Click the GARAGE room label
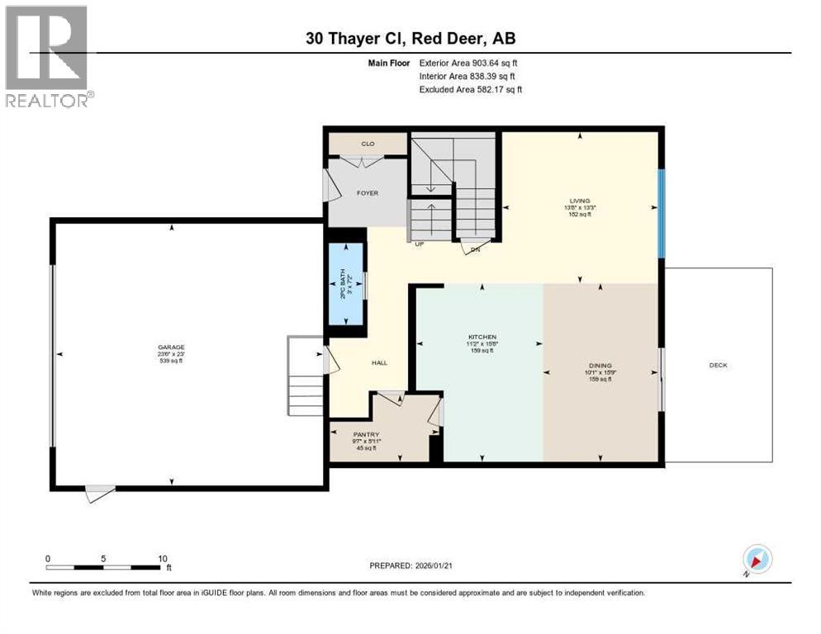[172, 348]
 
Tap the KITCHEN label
[482, 337]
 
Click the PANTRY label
[365, 432]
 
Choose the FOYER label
[367, 193]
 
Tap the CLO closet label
[368, 144]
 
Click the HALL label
[379, 362]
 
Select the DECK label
[718, 365]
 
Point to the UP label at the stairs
[419, 244]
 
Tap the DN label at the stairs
[475, 249]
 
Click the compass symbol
[757, 560]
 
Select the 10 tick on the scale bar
[162, 558]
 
